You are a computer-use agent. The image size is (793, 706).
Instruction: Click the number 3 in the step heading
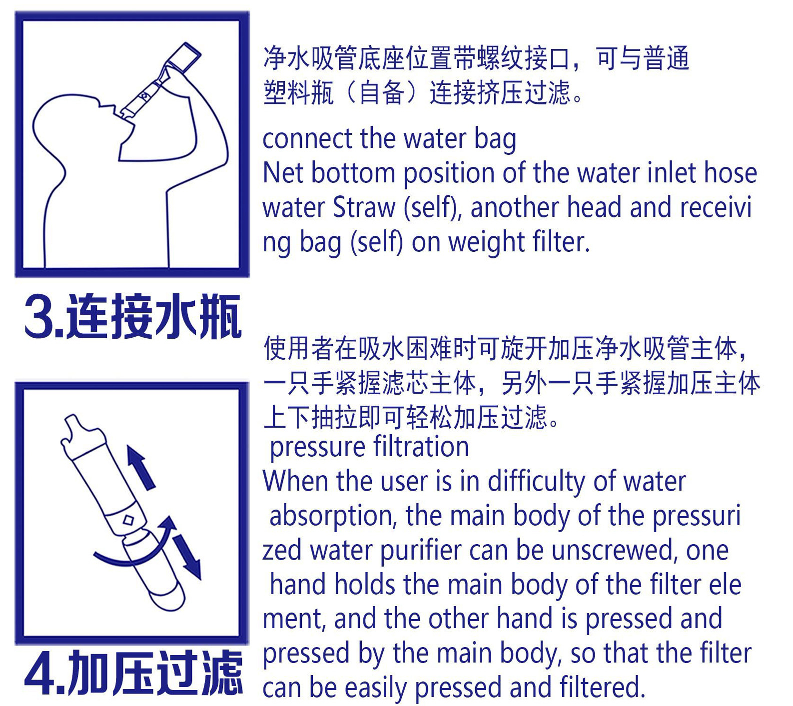39,317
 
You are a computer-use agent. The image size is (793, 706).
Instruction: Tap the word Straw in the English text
364,207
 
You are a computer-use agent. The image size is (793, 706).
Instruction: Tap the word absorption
333,516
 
